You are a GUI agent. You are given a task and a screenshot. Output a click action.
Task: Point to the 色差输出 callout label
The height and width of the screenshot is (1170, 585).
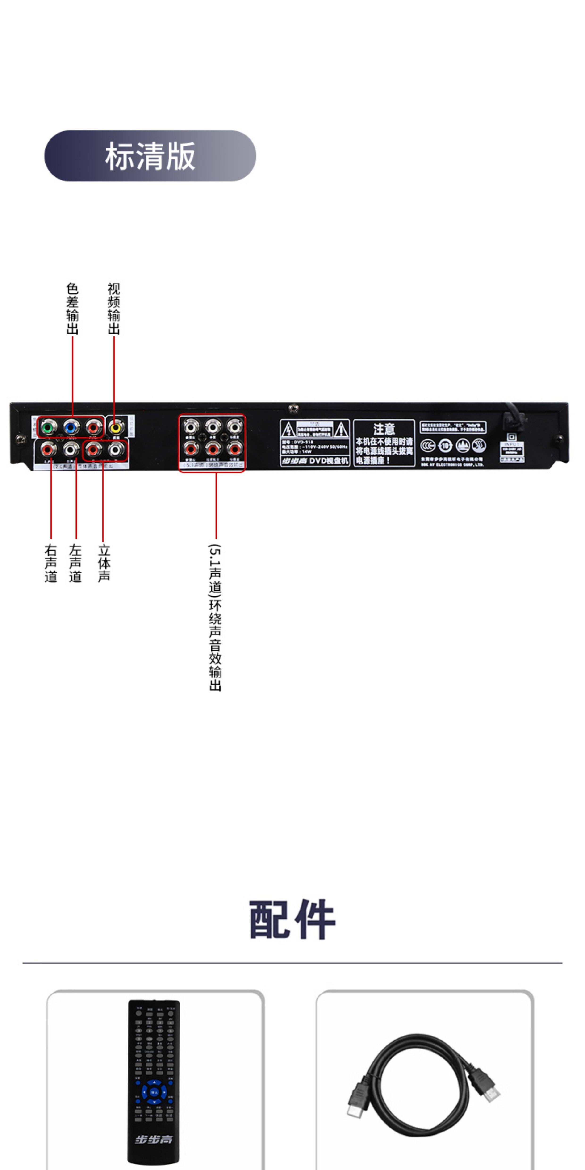tap(72, 309)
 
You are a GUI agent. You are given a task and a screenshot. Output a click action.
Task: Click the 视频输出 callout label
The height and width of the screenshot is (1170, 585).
tap(113, 309)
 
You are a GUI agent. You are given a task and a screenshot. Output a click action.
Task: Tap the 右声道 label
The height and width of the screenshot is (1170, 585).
tap(51, 563)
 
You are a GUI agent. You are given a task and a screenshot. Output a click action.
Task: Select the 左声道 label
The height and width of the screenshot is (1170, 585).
tap(75, 563)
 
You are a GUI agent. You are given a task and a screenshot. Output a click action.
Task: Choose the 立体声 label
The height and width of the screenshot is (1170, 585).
tap(104, 563)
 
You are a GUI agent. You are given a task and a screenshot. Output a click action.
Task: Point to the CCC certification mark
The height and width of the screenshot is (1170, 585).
tap(427, 446)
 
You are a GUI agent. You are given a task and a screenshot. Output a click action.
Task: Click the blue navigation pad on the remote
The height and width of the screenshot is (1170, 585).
tap(154, 1092)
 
